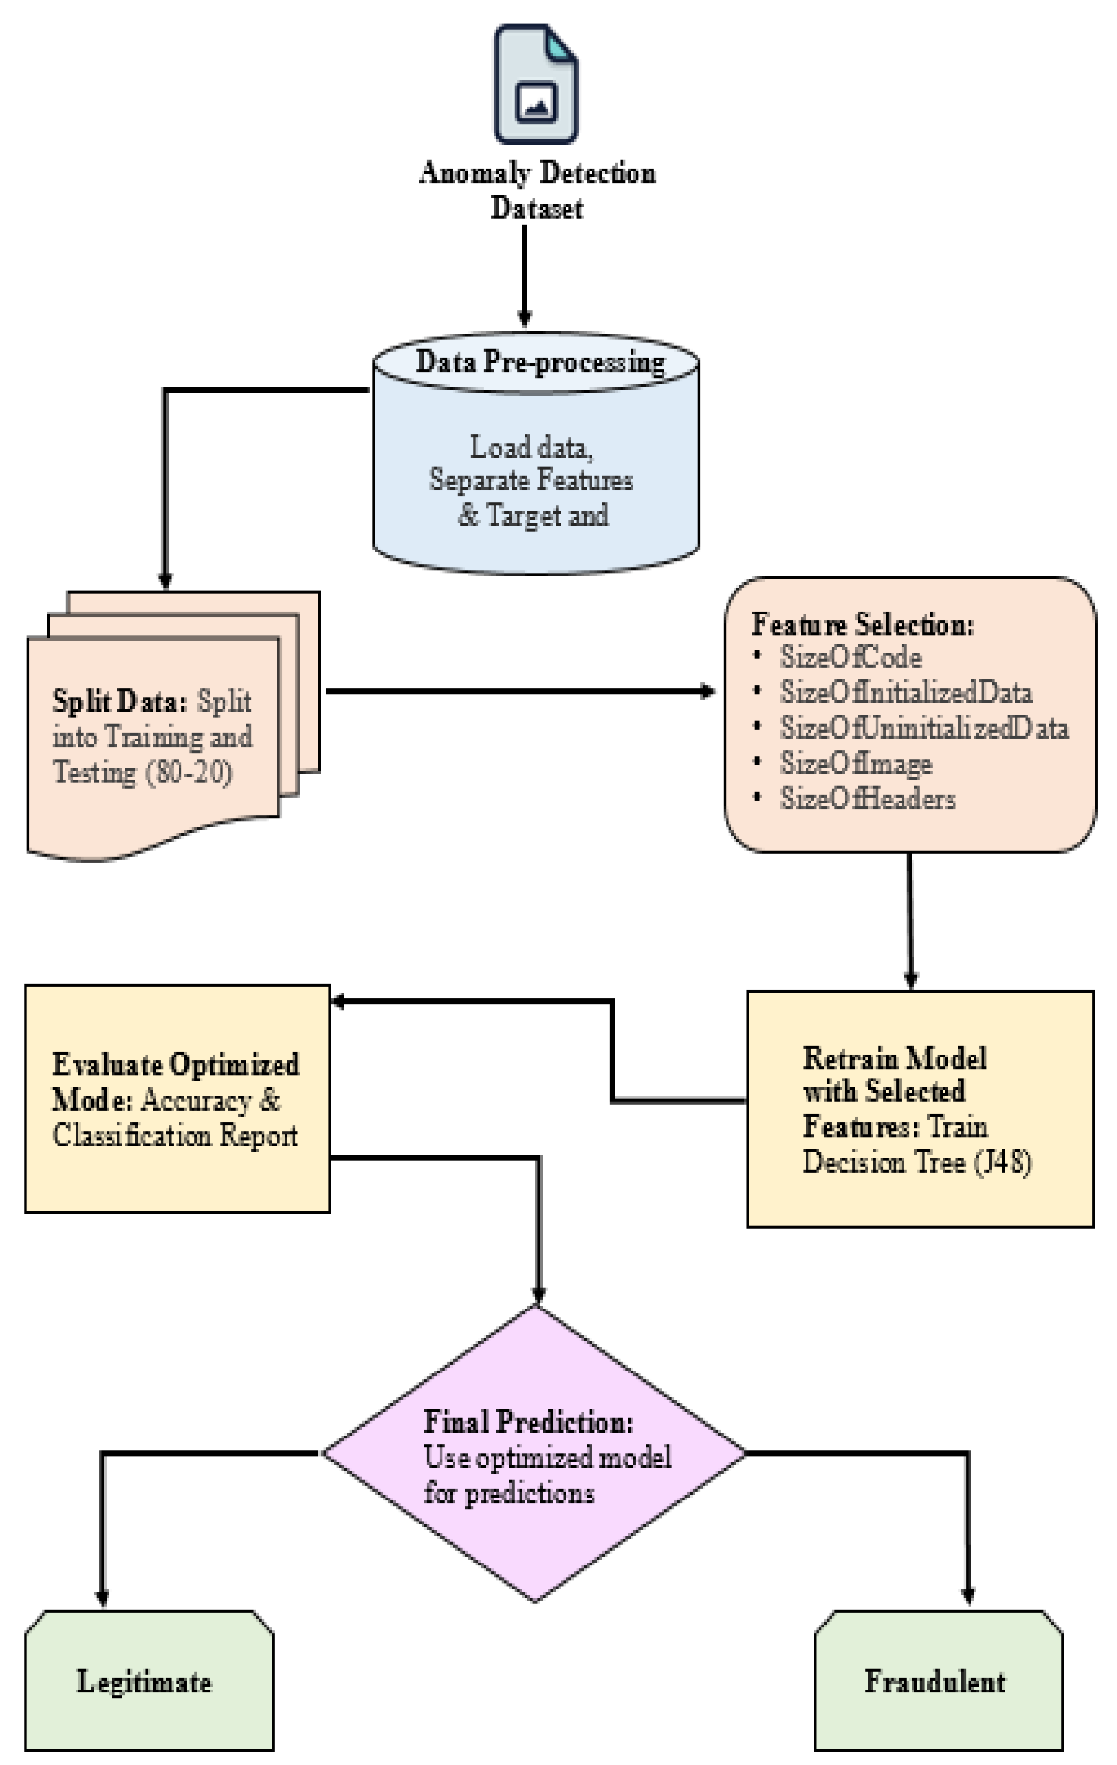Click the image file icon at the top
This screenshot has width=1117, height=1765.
point(536,84)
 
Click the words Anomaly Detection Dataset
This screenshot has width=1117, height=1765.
point(536,190)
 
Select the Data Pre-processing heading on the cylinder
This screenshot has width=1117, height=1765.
point(540,361)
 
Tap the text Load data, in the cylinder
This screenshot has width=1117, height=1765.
point(531,447)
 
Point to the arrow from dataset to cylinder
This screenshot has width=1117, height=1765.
point(525,275)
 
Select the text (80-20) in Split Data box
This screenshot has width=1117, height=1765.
point(189,772)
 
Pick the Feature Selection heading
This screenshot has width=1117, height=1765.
point(862,624)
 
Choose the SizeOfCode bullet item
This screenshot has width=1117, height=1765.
point(850,657)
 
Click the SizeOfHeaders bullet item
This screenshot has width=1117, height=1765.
point(867,798)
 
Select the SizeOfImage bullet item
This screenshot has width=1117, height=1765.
point(855,763)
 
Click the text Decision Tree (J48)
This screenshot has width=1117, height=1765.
point(917,1161)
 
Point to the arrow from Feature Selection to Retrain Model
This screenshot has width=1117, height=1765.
point(910,920)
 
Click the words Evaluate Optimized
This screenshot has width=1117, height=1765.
point(175,1065)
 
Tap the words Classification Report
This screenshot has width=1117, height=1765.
point(175,1135)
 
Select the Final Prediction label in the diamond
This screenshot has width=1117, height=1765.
point(528,1421)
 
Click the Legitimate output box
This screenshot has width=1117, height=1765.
point(149,1681)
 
